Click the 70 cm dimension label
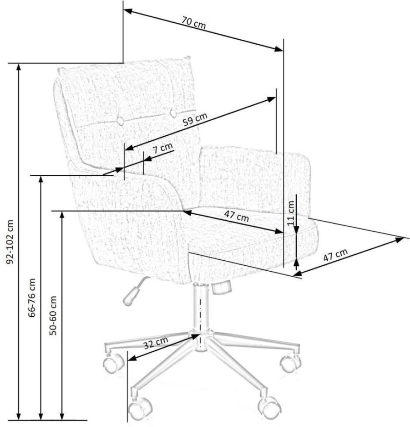(x=194, y=23)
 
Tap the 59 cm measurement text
(x=195, y=119)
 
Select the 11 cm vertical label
(x=291, y=213)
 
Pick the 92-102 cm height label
(x=10, y=242)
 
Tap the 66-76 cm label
(x=32, y=298)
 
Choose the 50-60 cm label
(x=53, y=315)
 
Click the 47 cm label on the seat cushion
(x=236, y=216)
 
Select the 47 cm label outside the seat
(x=335, y=255)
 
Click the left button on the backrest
(x=120, y=121)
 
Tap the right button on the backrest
(x=173, y=113)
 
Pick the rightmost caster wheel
(x=290, y=363)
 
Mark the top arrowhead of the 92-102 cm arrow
(x=19, y=67)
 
